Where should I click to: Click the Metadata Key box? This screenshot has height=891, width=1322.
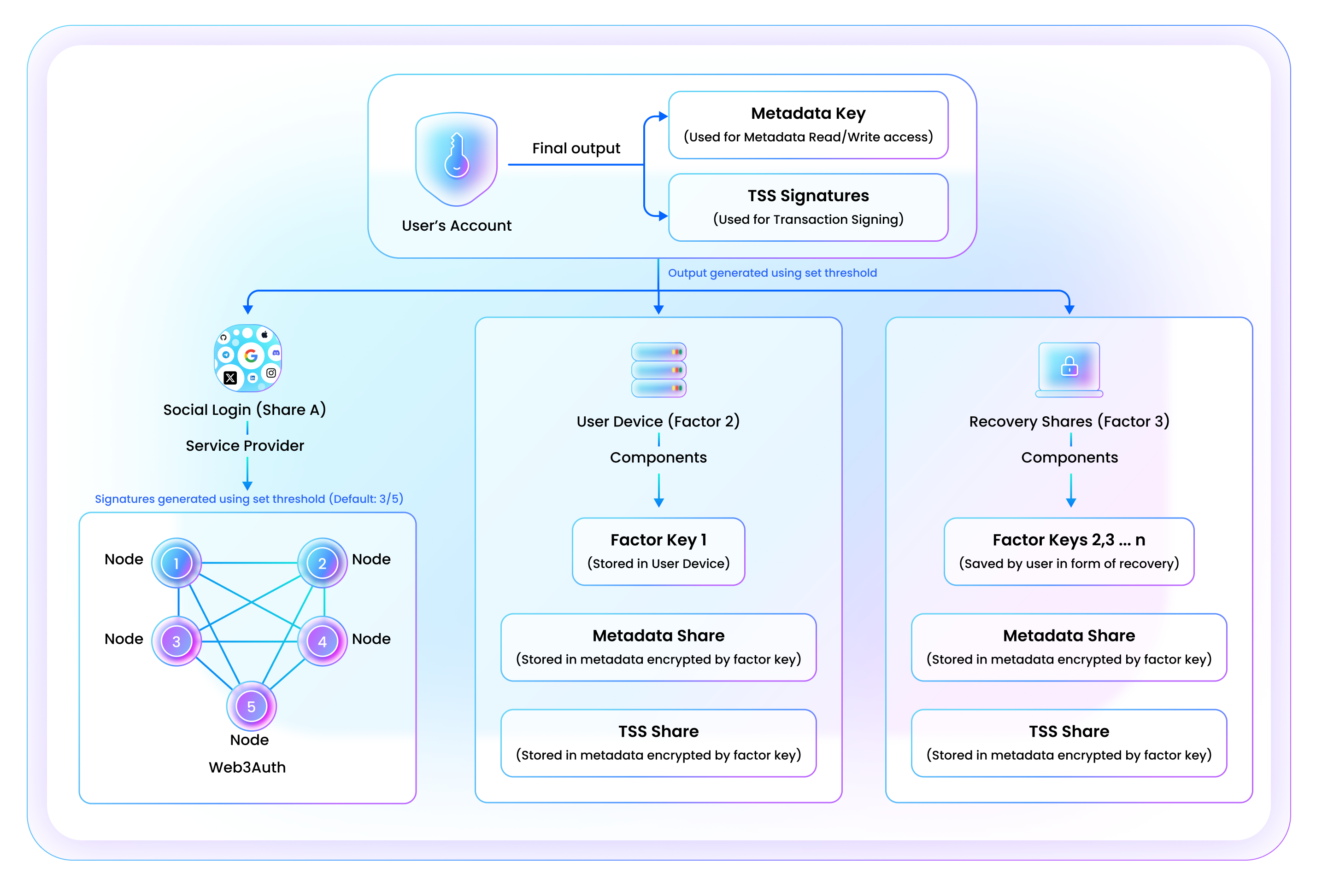pyautogui.click(x=808, y=125)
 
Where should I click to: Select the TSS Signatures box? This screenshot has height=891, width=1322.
pyautogui.click(x=808, y=207)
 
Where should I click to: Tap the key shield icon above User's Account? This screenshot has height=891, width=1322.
pyautogui.click(x=457, y=158)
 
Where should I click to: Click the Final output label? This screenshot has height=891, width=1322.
pyautogui.click(x=576, y=148)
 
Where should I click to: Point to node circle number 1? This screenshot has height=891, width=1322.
pyautogui.click(x=176, y=563)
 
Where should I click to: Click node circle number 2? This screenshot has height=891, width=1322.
pyautogui.click(x=323, y=563)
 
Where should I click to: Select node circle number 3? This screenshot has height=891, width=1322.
pyautogui.click(x=176, y=641)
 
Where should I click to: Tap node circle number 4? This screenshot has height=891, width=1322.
pyautogui.click(x=323, y=641)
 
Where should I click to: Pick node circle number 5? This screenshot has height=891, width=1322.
pyautogui.click(x=251, y=706)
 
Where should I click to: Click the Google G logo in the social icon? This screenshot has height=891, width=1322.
pyautogui.click(x=251, y=356)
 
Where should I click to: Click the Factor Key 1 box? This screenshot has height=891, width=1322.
pyautogui.click(x=658, y=551)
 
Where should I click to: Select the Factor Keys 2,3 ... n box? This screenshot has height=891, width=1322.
pyautogui.click(x=1069, y=551)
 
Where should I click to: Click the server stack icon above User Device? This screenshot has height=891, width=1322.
pyautogui.click(x=658, y=370)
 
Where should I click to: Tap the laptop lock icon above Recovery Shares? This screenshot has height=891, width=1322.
pyautogui.click(x=1069, y=369)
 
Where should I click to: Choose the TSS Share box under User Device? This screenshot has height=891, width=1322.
pyautogui.click(x=658, y=743)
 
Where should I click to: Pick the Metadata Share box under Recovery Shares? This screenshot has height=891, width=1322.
pyautogui.click(x=1069, y=647)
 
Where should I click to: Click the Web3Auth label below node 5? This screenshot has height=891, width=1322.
pyautogui.click(x=247, y=767)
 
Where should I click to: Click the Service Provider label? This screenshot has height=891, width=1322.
pyautogui.click(x=245, y=446)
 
